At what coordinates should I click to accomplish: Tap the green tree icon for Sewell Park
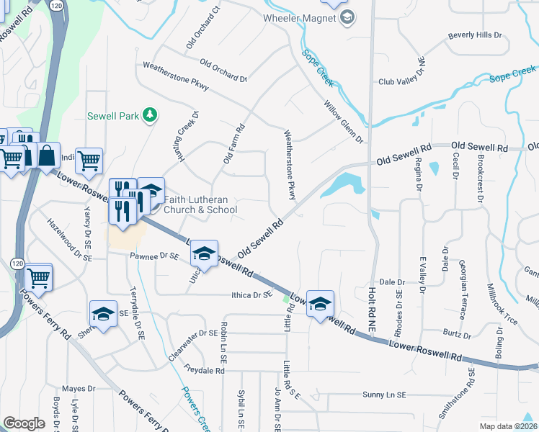tap(149, 114)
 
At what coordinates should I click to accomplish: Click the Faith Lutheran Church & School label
tap(200, 204)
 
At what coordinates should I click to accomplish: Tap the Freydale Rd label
tap(205, 371)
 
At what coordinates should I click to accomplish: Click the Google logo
tap(24, 423)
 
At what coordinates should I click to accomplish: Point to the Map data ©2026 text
tap(507, 426)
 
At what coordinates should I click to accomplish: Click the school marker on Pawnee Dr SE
tap(204, 253)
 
